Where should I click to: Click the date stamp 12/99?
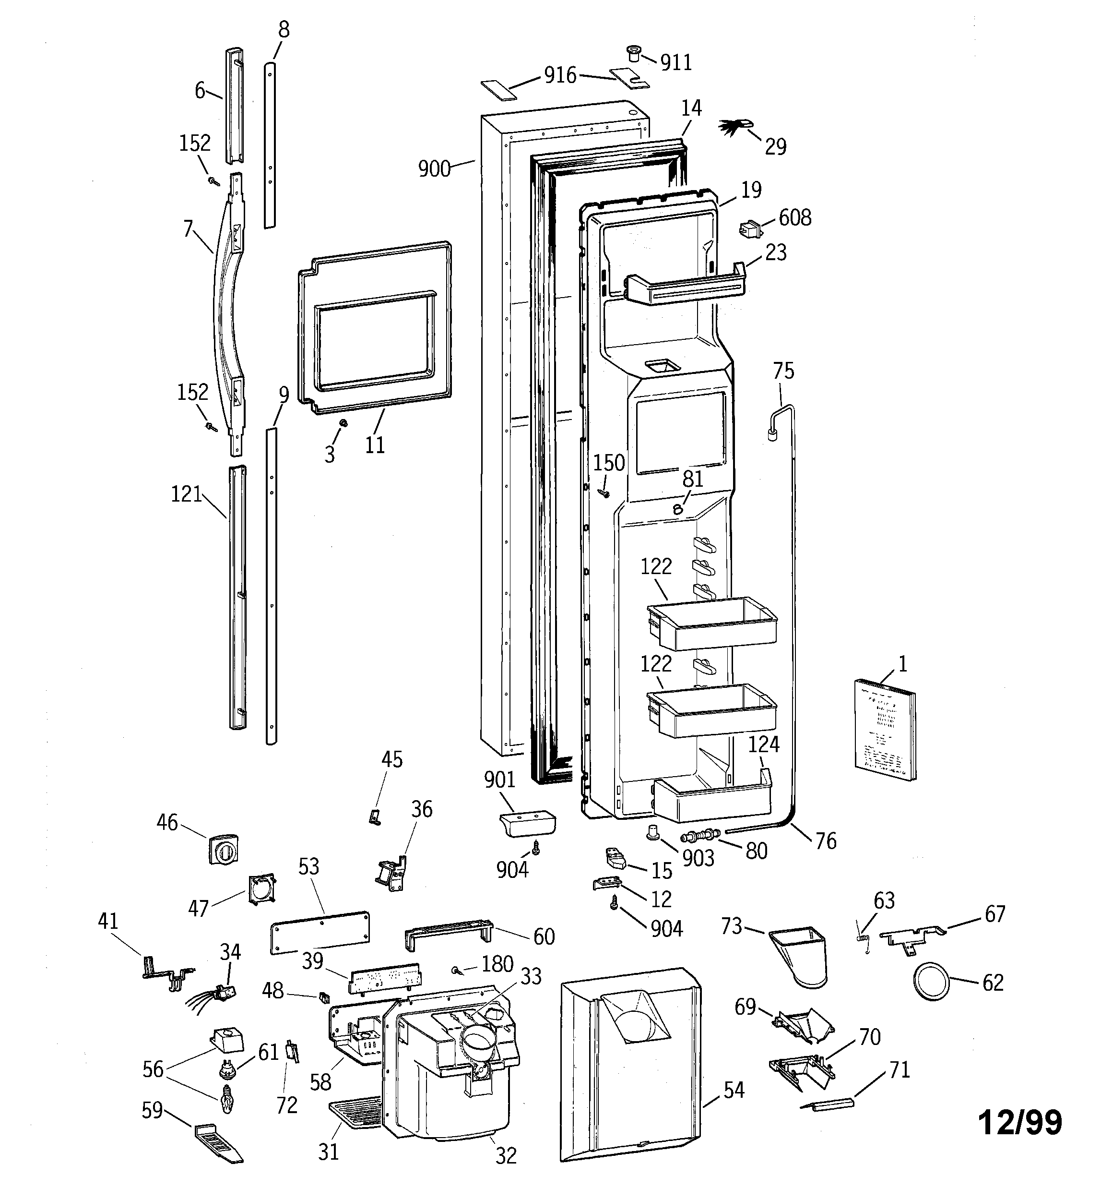pyautogui.click(x=1020, y=1122)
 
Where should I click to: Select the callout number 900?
pyautogui.click(x=434, y=169)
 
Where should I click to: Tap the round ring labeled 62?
pyautogui.click(x=931, y=981)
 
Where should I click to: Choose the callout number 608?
pyautogui.click(x=794, y=217)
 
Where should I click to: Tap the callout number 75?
pyautogui.click(x=783, y=371)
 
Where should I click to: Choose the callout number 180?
pyautogui.click(x=497, y=964)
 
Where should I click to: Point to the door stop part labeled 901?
pyautogui.click(x=526, y=824)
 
